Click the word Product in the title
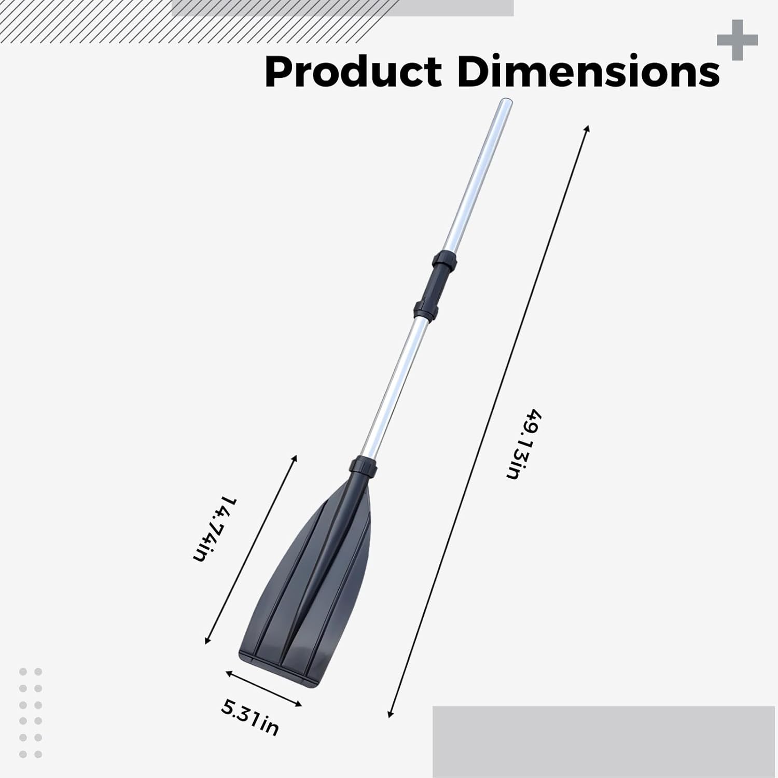coord(353,72)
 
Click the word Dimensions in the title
coord(588,72)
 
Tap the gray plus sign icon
coord(737,40)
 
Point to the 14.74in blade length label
coord(214,529)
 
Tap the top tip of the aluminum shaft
coord(504,104)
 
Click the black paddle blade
coord(311,581)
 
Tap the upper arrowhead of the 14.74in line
coord(295,457)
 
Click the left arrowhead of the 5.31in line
coord(228,672)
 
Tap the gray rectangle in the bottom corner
coord(605,742)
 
